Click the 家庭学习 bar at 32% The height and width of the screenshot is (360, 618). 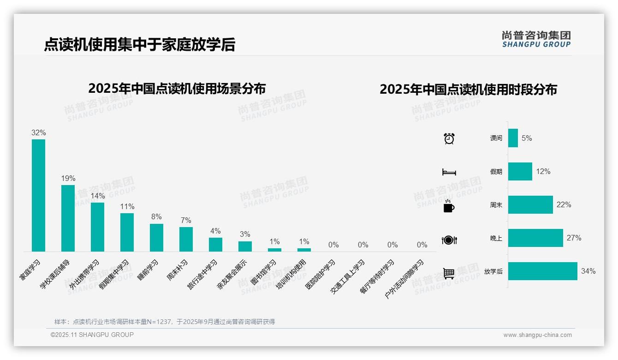pyautogui.click(x=38, y=195)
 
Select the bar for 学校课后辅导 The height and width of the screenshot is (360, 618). pyautogui.click(x=68, y=218)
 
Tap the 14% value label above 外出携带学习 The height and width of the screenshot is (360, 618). pyautogui.click(x=97, y=196)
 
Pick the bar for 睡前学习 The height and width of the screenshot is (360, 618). pyautogui.click(x=156, y=237)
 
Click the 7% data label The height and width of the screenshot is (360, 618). pyautogui.click(x=186, y=221)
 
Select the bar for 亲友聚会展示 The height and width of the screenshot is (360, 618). pyautogui.click(x=245, y=246)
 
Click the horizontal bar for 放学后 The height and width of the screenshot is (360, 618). pyautogui.click(x=542, y=271)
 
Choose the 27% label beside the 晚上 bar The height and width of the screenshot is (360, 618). pyautogui.click(x=574, y=238)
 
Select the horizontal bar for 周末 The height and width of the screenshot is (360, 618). pyautogui.click(x=530, y=204)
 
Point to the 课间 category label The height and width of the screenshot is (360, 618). pyautogui.click(x=496, y=138)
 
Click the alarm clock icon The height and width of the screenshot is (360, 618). pyautogui.click(x=449, y=138)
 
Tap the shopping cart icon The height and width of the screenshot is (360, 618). pyautogui.click(x=449, y=273)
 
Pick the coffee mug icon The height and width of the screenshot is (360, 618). pyautogui.click(x=449, y=206)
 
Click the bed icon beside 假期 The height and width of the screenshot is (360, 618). pyautogui.click(x=449, y=172)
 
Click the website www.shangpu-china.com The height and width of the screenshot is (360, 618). pyautogui.click(x=537, y=335)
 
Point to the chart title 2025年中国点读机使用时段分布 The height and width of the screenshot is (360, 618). pyautogui.click(x=468, y=89)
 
